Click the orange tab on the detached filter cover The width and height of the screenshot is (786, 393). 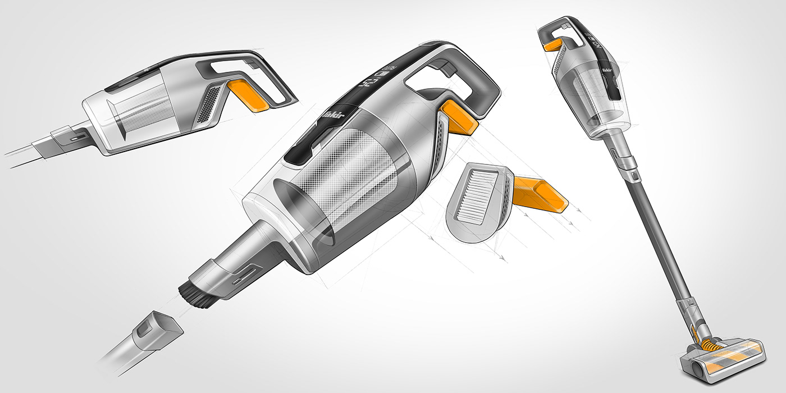coord(540,193)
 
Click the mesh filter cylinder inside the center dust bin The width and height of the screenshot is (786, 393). coord(359,174)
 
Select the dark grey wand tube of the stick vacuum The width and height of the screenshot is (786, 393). coord(659,236)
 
